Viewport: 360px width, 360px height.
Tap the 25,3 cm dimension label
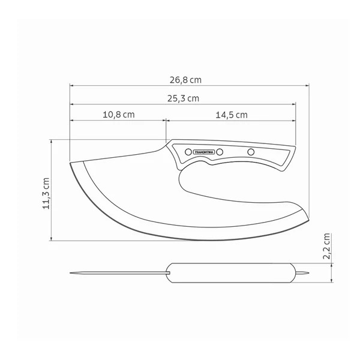[183, 98]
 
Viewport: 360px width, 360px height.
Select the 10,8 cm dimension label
[118, 115]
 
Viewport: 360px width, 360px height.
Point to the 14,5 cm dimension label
[230, 115]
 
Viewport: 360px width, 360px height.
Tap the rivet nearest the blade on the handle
[187, 151]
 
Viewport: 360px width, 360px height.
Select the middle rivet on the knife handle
[220, 151]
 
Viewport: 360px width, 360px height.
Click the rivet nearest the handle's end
[251, 151]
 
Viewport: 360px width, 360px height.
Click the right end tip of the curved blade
[310, 217]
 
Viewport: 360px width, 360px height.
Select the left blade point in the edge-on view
[71, 274]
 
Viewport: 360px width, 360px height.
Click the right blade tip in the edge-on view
[310, 273]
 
